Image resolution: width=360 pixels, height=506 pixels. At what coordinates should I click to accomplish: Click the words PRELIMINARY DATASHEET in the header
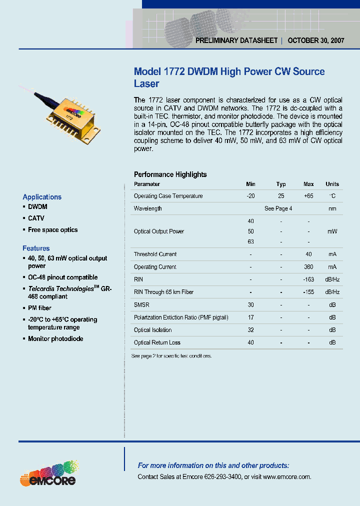pyautogui.click(x=236, y=41)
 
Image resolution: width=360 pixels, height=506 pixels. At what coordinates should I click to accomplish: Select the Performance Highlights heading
pyautogui.click(x=170, y=174)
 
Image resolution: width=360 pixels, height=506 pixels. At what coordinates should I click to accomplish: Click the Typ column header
pyautogui.click(x=281, y=184)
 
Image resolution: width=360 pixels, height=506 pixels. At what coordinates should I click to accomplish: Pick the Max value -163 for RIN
pyautogui.click(x=309, y=279)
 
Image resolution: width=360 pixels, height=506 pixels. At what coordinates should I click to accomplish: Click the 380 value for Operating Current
pyautogui.click(x=309, y=267)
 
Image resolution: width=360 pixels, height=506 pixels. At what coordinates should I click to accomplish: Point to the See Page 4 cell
pyautogui.click(x=278, y=208)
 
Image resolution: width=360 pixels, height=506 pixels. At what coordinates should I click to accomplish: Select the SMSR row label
pyautogui.click(x=141, y=304)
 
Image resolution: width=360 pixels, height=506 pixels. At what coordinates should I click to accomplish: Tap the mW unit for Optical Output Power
pyautogui.click(x=332, y=231)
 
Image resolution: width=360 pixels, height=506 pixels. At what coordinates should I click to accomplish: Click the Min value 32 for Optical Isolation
pyautogui.click(x=250, y=330)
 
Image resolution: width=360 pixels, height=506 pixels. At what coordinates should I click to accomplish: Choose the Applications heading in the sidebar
pyautogui.click(x=42, y=197)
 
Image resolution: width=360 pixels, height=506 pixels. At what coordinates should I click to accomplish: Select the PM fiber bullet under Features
pyautogui.click(x=39, y=308)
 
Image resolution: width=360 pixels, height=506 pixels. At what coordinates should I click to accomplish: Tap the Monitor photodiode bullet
pyautogui.click(x=55, y=339)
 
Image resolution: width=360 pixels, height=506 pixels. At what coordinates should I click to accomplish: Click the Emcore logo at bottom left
pyautogui.click(x=48, y=474)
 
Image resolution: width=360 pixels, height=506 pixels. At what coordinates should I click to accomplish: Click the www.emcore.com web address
pyautogui.click(x=286, y=477)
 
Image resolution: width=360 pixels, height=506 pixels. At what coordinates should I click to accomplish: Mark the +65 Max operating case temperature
pyautogui.click(x=308, y=196)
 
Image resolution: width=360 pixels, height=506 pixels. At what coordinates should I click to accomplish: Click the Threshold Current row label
pyautogui.click(x=155, y=254)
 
